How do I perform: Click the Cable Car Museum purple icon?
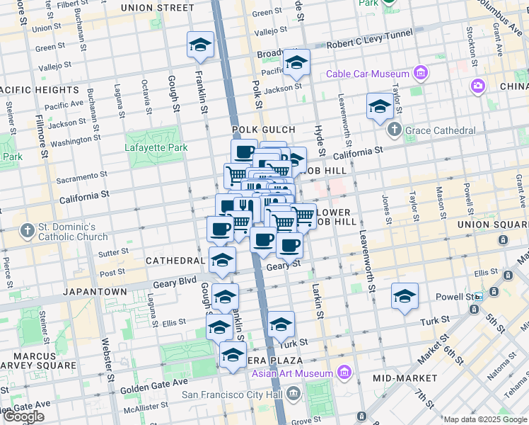[421, 73]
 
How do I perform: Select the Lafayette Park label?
[156, 147]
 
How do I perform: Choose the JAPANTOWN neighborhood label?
[95, 291]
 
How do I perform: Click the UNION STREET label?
[157, 8]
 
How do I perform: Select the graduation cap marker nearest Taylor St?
[380, 107]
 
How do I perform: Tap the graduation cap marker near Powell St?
[405, 296]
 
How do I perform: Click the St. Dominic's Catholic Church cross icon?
[27, 230]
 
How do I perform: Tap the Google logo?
[24, 416]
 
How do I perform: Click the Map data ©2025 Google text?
[485, 419]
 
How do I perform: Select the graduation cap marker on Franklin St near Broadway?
[200, 45]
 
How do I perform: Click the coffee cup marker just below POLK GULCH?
[245, 152]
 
